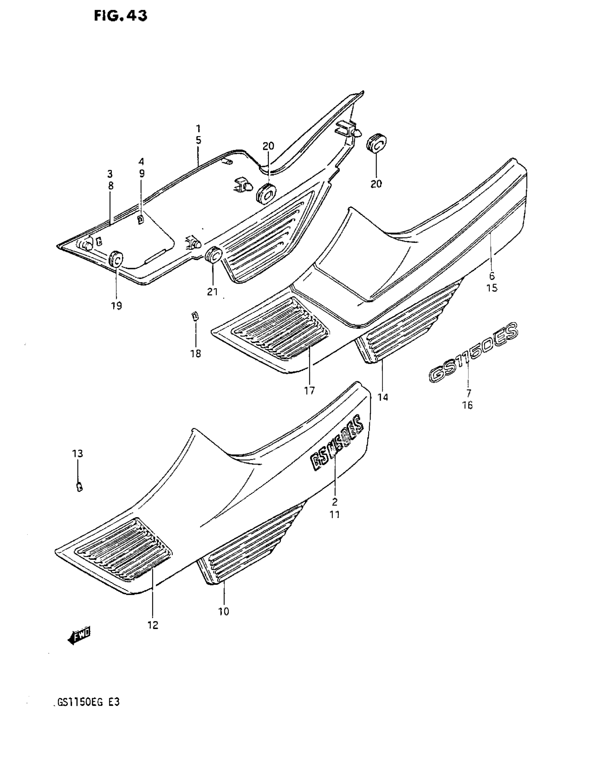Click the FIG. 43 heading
pos(121,16)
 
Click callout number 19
pos(117,306)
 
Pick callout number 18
pos(196,354)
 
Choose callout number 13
pos(77,454)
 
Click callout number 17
pos(309,390)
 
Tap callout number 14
pos(383,397)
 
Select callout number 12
pos(153,625)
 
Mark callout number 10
pos(223,611)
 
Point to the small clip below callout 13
pos(79,487)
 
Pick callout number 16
pos(467,405)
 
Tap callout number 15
pos(492,288)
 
